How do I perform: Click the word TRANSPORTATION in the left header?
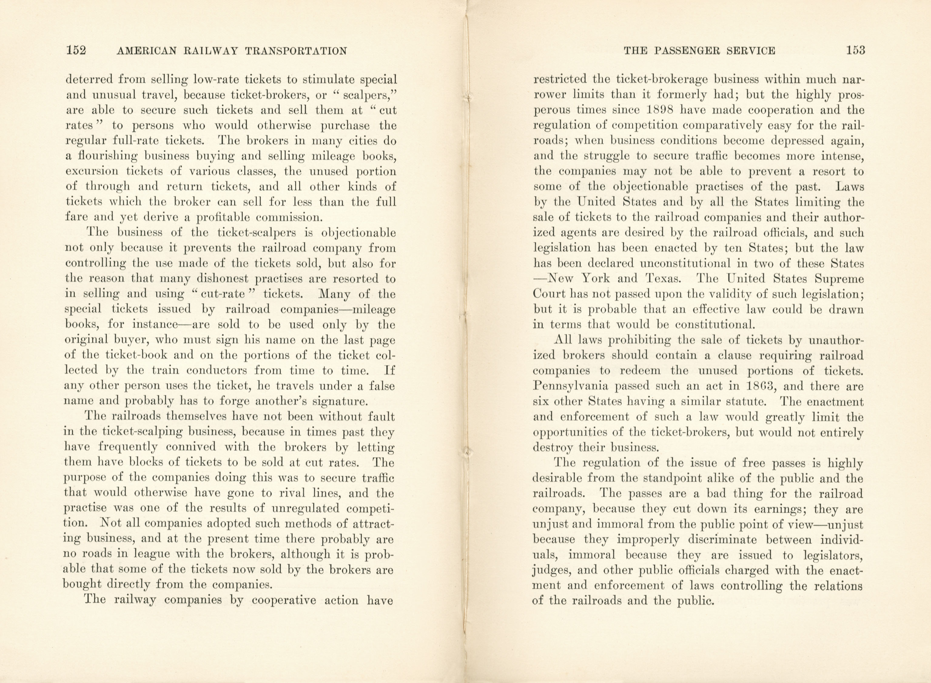coord(296,51)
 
